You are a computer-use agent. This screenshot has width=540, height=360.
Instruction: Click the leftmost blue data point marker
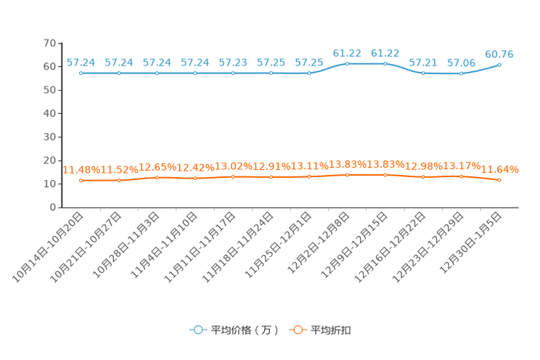coord(81,73)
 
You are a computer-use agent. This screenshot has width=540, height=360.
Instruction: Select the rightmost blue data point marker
coord(499,65)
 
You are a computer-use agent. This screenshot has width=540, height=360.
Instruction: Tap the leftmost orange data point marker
coord(81,180)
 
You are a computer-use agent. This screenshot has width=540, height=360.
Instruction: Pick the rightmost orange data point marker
coord(499,180)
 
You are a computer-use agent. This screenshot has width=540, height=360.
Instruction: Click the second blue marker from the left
coord(119,73)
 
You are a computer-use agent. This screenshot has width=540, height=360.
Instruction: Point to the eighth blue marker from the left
coord(347,63)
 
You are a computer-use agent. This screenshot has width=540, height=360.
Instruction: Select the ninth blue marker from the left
coord(385,63)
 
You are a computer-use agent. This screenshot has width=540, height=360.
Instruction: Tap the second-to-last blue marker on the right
coord(461,73)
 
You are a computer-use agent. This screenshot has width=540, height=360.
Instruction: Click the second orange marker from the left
coord(119,180)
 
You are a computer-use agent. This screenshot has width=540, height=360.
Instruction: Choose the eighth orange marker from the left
coord(347,174)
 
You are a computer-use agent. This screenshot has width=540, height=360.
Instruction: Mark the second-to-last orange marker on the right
coord(461,176)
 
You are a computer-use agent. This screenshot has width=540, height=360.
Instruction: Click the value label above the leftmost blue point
coord(81,62)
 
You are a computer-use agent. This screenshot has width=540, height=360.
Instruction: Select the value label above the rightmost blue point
coord(499,54)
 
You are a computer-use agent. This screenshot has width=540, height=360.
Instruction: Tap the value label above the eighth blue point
coord(347,52)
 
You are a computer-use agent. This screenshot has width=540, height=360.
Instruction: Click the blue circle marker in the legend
coord(197,330)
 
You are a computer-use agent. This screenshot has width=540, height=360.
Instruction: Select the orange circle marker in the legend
coord(297,330)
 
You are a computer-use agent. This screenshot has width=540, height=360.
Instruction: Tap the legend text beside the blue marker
coord(245,330)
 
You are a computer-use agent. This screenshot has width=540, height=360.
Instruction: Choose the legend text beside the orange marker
coord(332,330)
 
